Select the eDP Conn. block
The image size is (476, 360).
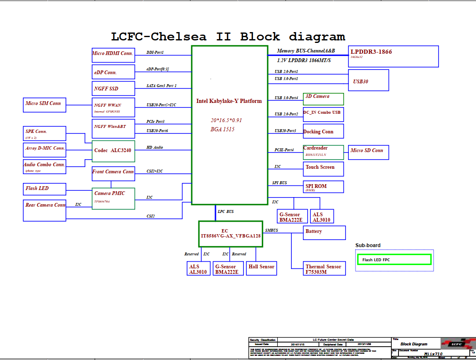[x=113, y=72]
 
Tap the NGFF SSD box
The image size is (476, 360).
[x=113, y=88]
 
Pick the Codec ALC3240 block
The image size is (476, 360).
[x=113, y=151]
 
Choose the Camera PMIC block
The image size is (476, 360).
[x=113, y=198]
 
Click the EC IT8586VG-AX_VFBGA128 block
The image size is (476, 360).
[x=230, y=233]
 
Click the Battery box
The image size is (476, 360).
[x=324, y=232]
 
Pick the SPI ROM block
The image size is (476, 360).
[x=323, y=187]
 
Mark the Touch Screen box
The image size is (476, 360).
[x=323, y=168]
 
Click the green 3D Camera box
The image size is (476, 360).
[x=323, y=99]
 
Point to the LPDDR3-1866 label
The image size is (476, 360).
[x=371, y=52]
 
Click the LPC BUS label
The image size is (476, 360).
[x=225, y=212]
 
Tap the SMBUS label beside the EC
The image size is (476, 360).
[x=271, y=230]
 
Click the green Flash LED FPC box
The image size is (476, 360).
[x=394, y=260]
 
